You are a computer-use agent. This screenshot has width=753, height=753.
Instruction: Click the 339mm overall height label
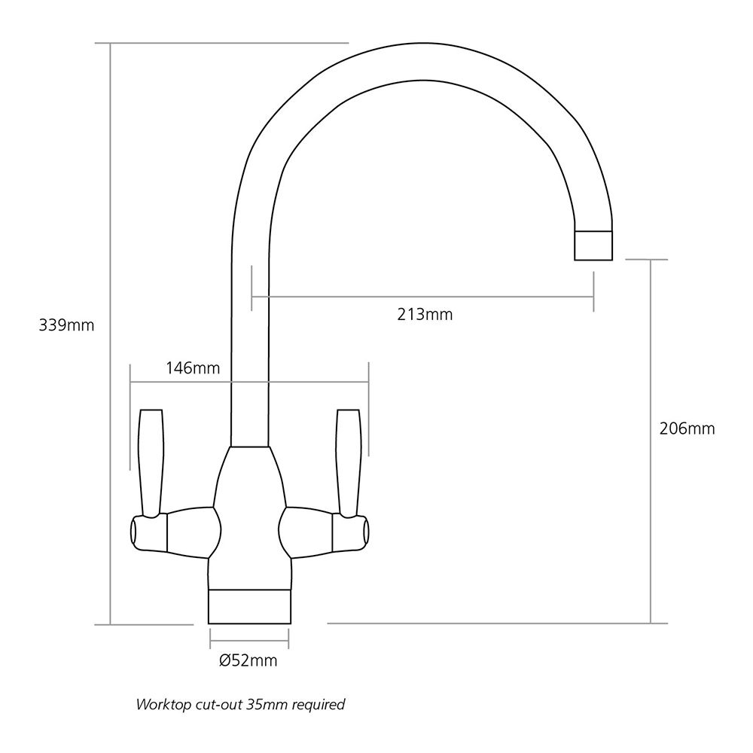tap(66, 326)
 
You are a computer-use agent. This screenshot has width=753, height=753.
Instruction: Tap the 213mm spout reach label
tap(425, 314)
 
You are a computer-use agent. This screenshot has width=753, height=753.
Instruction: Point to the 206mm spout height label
tap(686, 429)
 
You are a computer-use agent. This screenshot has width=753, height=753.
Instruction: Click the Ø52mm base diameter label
tap(248, 661)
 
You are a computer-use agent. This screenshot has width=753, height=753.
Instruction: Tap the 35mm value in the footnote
tap(258, 706)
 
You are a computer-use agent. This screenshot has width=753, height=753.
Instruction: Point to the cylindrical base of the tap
tap(248, 605)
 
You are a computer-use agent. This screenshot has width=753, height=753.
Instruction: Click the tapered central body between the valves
tap(248, 512)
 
